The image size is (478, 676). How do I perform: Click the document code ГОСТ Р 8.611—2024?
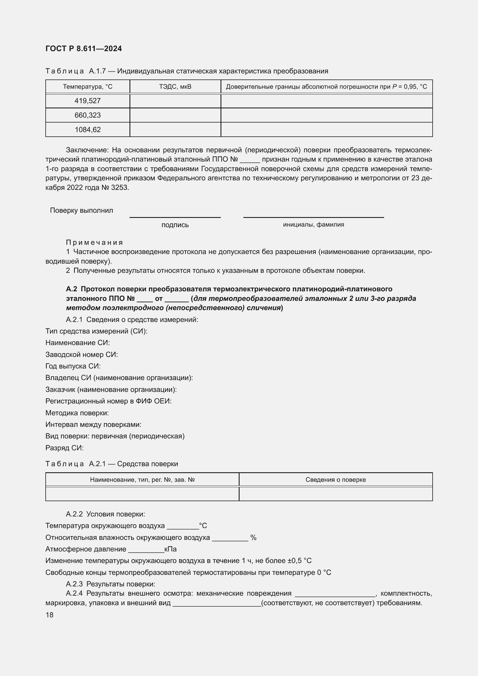(x=84, y=49)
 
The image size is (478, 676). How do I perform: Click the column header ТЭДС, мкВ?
(x=175, y=87)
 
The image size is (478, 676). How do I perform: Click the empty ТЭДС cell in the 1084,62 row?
(x=175, y=129)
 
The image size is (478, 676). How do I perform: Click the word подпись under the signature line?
(x=175, y=225)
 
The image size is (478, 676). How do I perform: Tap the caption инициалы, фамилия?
(x=314, y=225)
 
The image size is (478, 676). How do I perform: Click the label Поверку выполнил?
(x=81, y=210)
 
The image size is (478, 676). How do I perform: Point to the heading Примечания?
(x=94, y=242)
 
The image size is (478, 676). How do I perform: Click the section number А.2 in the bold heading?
(x=71, y=289)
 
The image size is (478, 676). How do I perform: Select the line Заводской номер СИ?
(x=81, y=355)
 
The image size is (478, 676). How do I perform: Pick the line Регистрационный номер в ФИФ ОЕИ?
(x=108, y=401)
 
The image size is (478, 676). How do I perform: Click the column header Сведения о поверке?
(x=336, y=480)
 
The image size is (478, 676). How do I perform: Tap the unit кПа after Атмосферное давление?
(x=171, y=549)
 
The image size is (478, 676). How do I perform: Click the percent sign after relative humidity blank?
(x=253, y=538)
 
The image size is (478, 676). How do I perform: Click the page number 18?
(x=49, y=615)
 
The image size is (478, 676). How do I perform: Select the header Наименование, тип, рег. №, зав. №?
(x=142, y=480)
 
